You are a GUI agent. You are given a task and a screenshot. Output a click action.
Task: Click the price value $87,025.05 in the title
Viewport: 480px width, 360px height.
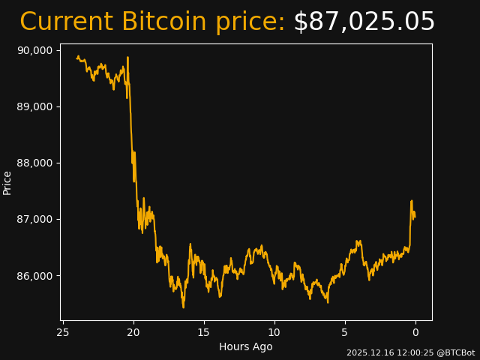point(364,22)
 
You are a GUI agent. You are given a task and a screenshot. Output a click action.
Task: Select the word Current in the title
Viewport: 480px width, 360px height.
point(66,22)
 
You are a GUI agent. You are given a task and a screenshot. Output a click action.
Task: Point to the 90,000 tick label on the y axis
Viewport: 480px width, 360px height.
point(34,50)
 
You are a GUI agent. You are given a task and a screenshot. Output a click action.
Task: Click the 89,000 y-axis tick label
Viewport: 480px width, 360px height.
point(34,106)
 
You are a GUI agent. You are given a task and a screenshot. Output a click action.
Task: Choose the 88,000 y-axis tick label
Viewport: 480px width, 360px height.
point(34,163)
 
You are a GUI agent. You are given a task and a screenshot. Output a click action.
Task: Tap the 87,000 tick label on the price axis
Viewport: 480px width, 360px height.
point(34,219)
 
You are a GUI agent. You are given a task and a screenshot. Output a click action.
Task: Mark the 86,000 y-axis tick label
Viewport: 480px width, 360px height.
point(34,275)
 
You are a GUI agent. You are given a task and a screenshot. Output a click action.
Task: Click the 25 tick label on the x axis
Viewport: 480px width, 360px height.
point(63,332)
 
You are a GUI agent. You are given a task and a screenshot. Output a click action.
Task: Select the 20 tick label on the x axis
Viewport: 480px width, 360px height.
point(133,332)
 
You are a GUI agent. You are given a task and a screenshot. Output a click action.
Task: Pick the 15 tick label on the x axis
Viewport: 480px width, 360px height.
point(204,332)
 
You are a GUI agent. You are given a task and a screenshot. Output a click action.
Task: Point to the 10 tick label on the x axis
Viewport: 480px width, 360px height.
point(274,332)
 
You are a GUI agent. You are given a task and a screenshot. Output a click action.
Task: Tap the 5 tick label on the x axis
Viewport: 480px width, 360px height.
point(345,332)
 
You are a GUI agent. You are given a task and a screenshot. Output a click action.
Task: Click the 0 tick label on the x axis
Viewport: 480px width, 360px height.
point(415,332)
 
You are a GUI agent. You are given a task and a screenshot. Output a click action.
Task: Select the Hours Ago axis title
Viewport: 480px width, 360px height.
point(245,346)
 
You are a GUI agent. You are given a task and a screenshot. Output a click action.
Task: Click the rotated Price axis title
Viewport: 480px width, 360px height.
point(7,182)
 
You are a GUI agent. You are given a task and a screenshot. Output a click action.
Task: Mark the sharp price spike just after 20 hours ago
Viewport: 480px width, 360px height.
point(127,58)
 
